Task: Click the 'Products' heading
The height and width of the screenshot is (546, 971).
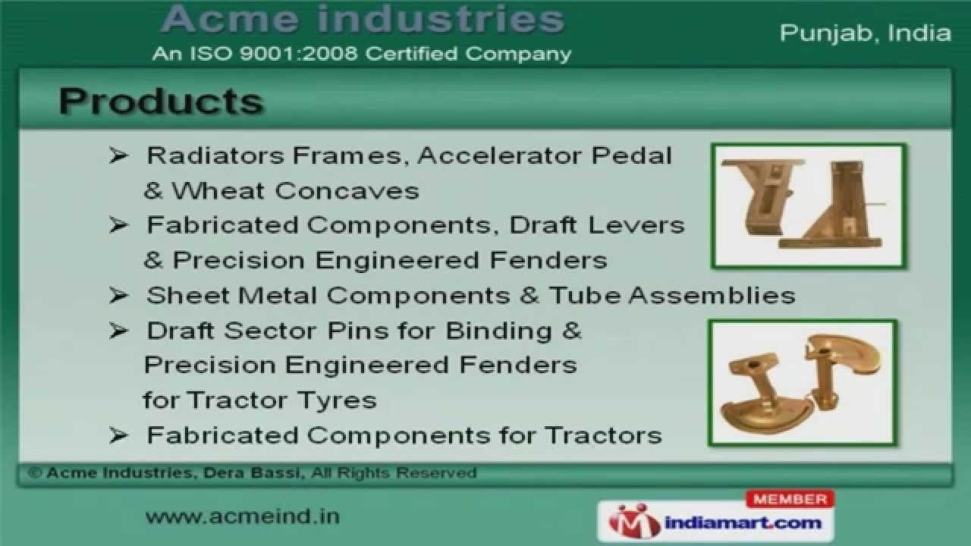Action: pos(161,102)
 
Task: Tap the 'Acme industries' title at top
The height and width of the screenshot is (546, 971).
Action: pos(363,20)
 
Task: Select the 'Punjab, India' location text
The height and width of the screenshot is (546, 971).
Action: pos(865,33)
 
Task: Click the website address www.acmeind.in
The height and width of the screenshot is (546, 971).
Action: pos(242,516)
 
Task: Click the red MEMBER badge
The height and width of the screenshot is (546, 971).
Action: pos(790,499)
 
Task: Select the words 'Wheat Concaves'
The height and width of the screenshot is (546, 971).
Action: pos(295,190)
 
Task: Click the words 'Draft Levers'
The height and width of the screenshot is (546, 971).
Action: pos(597,225)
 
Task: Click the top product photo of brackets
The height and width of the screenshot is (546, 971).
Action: pos(808,206)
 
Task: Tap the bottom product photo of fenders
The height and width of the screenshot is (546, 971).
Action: pos(803,382)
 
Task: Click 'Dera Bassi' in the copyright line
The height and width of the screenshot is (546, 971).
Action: pos(250,473)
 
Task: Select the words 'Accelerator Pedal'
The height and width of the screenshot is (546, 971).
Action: pos(545,155)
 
